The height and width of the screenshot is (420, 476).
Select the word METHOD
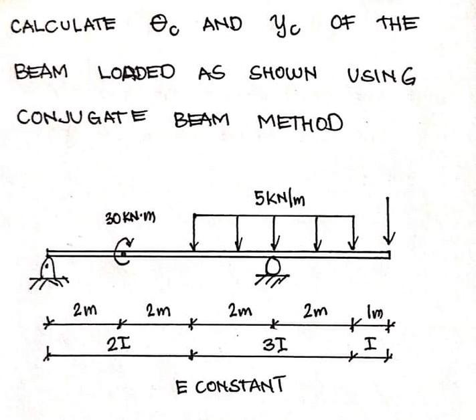(299, 122)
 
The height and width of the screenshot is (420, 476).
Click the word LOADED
(137, 72)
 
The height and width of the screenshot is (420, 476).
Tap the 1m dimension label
(373, 312)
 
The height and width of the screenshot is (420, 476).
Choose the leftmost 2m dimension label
(82, 311)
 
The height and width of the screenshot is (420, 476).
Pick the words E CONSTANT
(230, 386)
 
